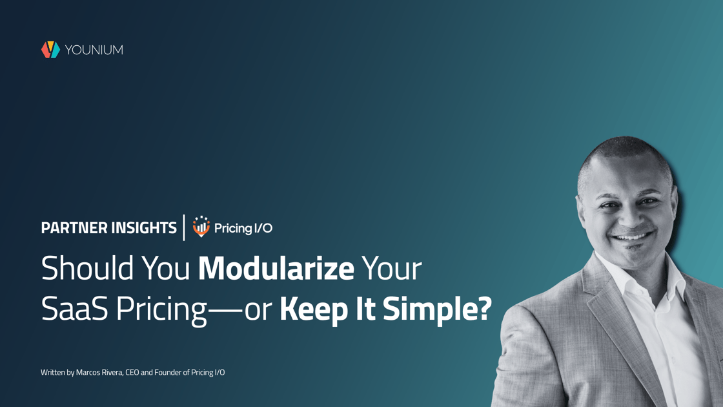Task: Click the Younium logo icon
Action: point(51,49)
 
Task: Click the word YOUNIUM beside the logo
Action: point(94,50)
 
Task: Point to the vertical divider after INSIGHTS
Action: point(184,227)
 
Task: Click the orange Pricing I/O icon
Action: point(201,227)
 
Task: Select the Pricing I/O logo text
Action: point(243,229)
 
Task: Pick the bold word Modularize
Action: point(276,268)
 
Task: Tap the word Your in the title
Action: point(391,268)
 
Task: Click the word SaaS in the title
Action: point(74,309)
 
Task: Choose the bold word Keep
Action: point(314,309)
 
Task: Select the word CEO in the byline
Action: point(132,372)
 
